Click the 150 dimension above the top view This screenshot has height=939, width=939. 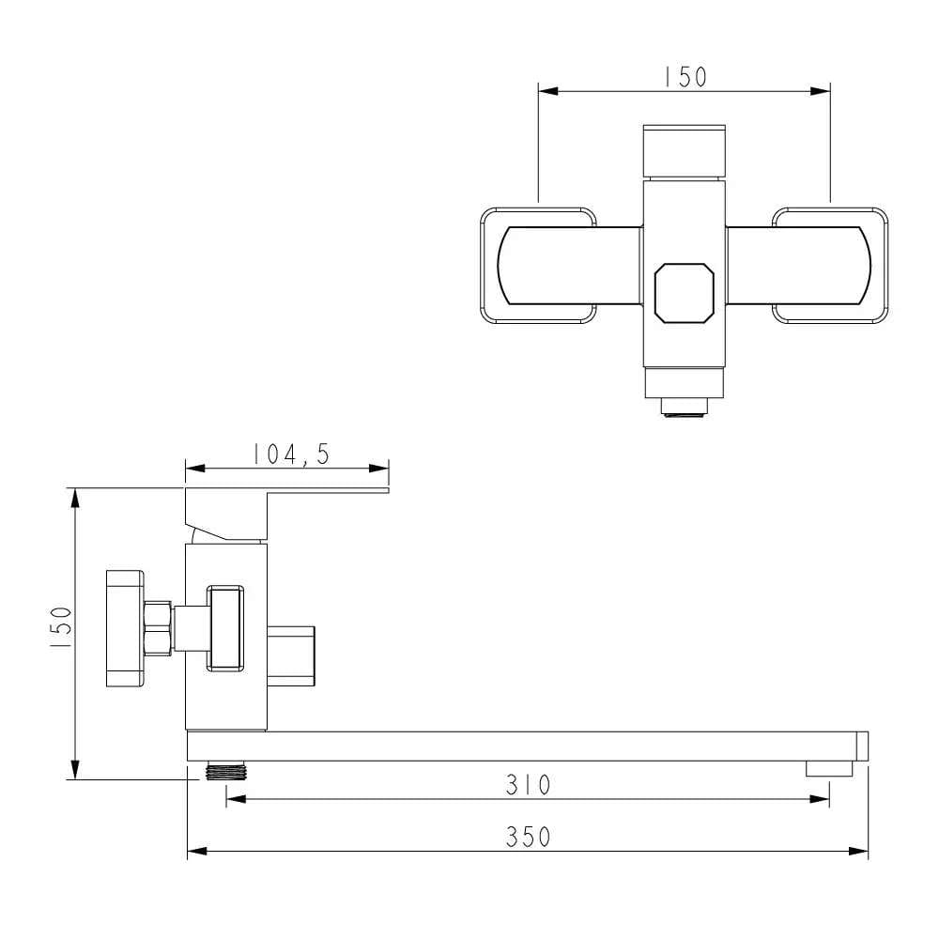685,77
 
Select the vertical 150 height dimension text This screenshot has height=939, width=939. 60,629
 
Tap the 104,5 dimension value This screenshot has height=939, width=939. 290,454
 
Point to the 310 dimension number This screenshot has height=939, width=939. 528,784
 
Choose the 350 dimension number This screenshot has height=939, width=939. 528,837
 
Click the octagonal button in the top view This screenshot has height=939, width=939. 684,292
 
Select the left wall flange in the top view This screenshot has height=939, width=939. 538,266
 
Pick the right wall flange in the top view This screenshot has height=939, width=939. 830,266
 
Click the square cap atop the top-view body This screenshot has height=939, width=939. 684,150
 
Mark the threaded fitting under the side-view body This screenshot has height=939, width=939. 223,771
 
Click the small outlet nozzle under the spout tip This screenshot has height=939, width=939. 829,768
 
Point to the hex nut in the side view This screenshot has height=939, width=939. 159,628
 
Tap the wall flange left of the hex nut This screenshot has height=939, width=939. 124,628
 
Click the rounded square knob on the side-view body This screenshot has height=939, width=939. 225,628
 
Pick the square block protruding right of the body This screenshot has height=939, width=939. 293,655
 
